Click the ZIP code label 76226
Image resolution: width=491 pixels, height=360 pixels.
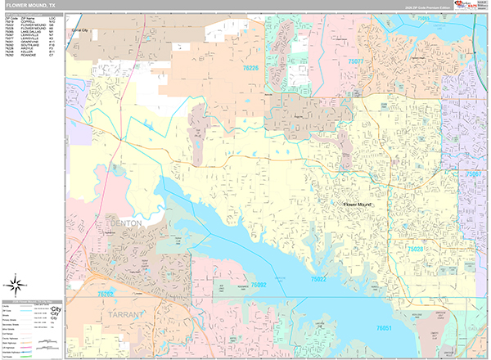[x=250, y=69]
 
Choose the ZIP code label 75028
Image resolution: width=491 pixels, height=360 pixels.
[x=417, y=249]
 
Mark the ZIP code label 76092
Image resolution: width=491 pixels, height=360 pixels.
[x=259, y=285]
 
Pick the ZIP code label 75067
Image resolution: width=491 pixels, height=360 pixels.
[x=473, y=174]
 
